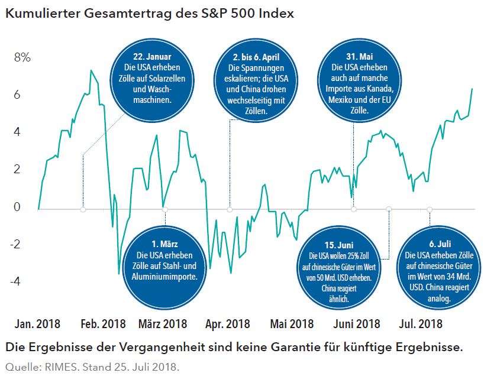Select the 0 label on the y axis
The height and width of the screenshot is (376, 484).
(17, 207)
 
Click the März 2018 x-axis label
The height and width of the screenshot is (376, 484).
(163, 324)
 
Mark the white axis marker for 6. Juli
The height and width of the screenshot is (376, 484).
(430, 209)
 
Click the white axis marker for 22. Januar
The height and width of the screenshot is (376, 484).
(83, 209)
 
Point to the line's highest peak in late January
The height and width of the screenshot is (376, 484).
(91, 71)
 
